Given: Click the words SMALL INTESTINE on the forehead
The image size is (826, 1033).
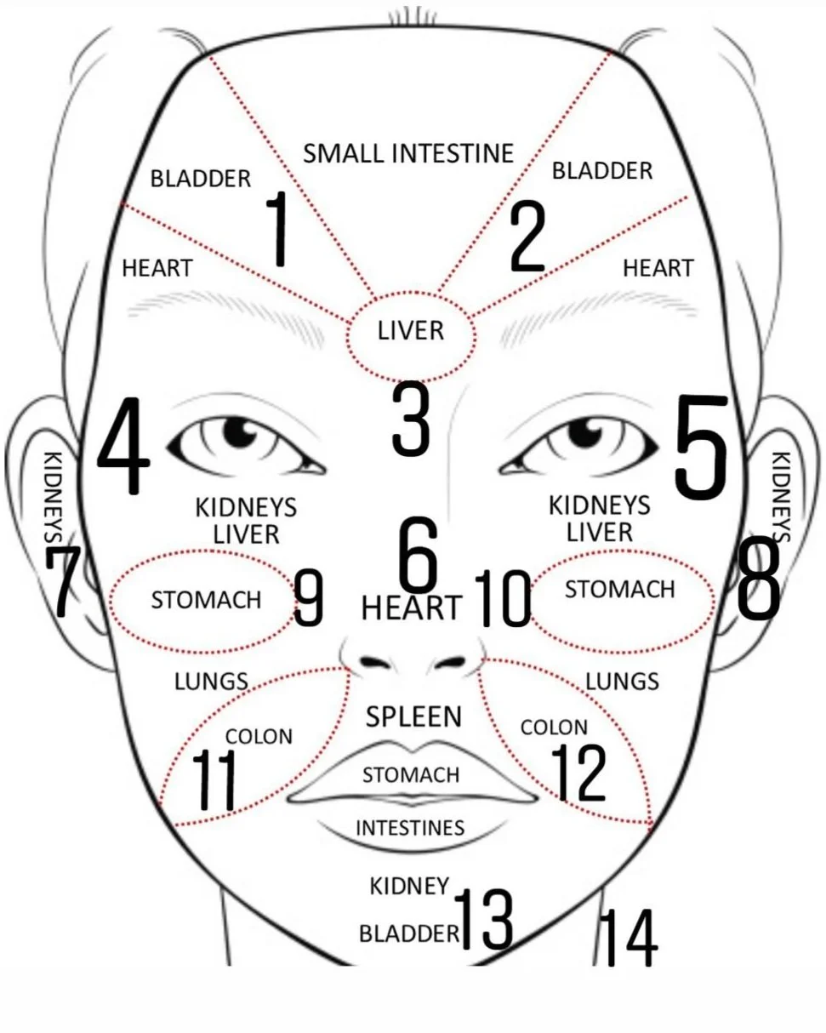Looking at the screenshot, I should click(408, 153).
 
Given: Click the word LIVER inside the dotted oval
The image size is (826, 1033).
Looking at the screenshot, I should click(411, 330).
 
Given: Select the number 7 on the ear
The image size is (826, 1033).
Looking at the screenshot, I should click(65, 583).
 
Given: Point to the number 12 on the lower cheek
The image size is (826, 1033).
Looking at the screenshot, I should click(580, 773).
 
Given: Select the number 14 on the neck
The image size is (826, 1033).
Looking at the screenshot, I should click(629, 938).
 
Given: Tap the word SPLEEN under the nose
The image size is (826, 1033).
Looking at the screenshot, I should click(413, 716).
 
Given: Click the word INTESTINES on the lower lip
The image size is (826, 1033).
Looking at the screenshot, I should click(410, 828).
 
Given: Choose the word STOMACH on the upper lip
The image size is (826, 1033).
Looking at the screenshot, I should click(411, 775).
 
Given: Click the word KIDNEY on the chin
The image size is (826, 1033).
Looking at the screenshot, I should click(409, 886).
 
